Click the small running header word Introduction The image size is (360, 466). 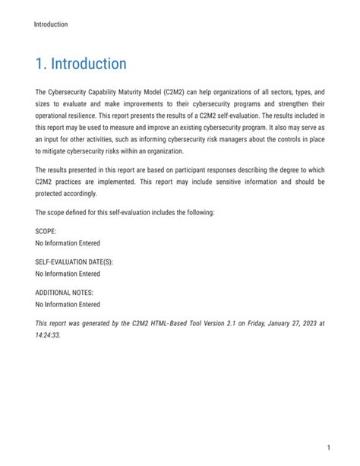[x=51, y=24]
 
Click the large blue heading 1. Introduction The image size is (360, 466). [x=81, y=63]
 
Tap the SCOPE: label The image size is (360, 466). [x=46, y=231]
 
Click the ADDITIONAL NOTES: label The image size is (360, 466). [x=65, y=292]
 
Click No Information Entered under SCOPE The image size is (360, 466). [x=68, y=243]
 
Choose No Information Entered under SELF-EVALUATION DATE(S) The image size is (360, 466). [x=68, y=274]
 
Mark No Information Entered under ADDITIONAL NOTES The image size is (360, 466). [x=68, y=304]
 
